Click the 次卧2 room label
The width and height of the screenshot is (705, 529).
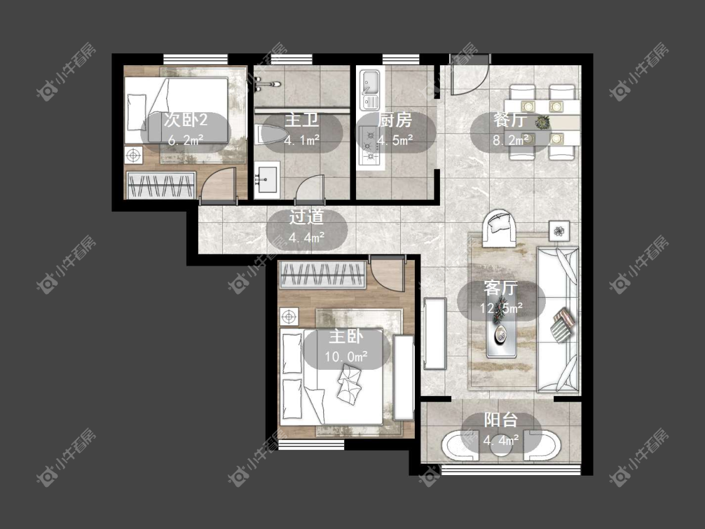185,120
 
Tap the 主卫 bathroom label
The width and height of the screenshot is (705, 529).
301,120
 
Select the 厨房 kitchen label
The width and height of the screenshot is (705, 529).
395,120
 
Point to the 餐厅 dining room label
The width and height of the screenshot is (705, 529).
510,120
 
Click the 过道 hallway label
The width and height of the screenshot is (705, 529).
306,217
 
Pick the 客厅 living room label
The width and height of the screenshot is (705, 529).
501,288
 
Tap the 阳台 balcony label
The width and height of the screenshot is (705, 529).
501,420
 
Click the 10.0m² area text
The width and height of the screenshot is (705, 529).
346,357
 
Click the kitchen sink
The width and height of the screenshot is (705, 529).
370,90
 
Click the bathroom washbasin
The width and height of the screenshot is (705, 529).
266,180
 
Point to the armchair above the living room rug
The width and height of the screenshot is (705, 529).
499,228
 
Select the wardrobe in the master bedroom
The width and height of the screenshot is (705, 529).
322,275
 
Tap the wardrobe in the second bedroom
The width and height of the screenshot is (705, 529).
160,184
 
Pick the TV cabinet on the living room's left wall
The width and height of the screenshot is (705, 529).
435,333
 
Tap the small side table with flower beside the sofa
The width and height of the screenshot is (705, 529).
559,231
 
